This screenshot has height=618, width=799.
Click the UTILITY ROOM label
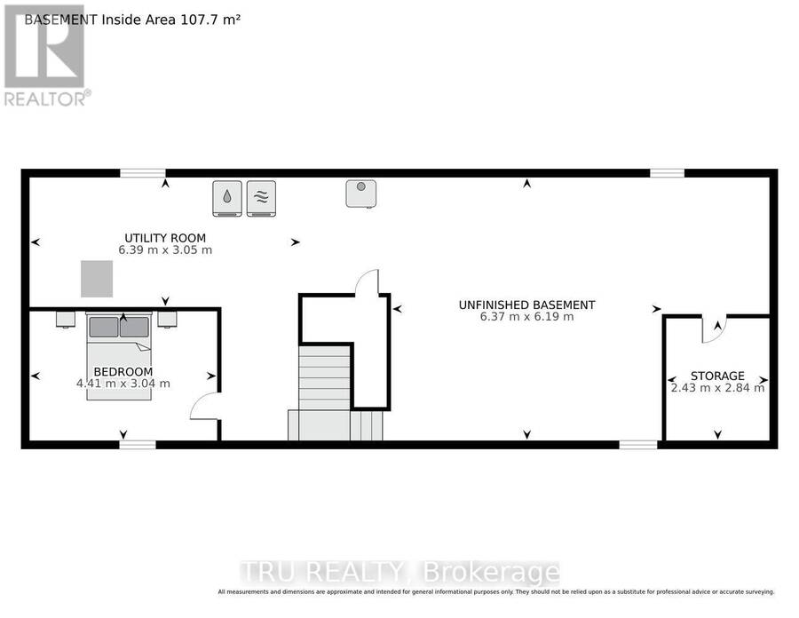coord(165,238)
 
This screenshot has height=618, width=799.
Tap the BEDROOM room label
coord(123,372)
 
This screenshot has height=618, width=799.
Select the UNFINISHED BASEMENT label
coord(526,305)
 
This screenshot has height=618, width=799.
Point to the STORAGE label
coord(717,376)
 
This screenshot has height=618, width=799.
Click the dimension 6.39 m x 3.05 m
coord(165,250)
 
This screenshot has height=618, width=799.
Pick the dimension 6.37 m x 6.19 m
coord(526,317)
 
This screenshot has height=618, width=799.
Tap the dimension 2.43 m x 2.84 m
coord(717,388)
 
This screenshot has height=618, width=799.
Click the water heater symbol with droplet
coord(227,198)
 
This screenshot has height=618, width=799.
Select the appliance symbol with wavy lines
coord(261,198)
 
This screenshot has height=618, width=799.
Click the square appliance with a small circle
coord(361,194)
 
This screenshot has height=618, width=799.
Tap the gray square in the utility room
coord(97,279)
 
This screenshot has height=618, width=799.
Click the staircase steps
coord(324,377)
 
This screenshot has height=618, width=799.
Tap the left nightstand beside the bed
coord(66,320)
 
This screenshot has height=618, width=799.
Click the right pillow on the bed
coord(135,327)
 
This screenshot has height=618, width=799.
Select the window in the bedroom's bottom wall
coord(138,445)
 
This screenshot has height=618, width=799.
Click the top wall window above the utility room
coord(143,173)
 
